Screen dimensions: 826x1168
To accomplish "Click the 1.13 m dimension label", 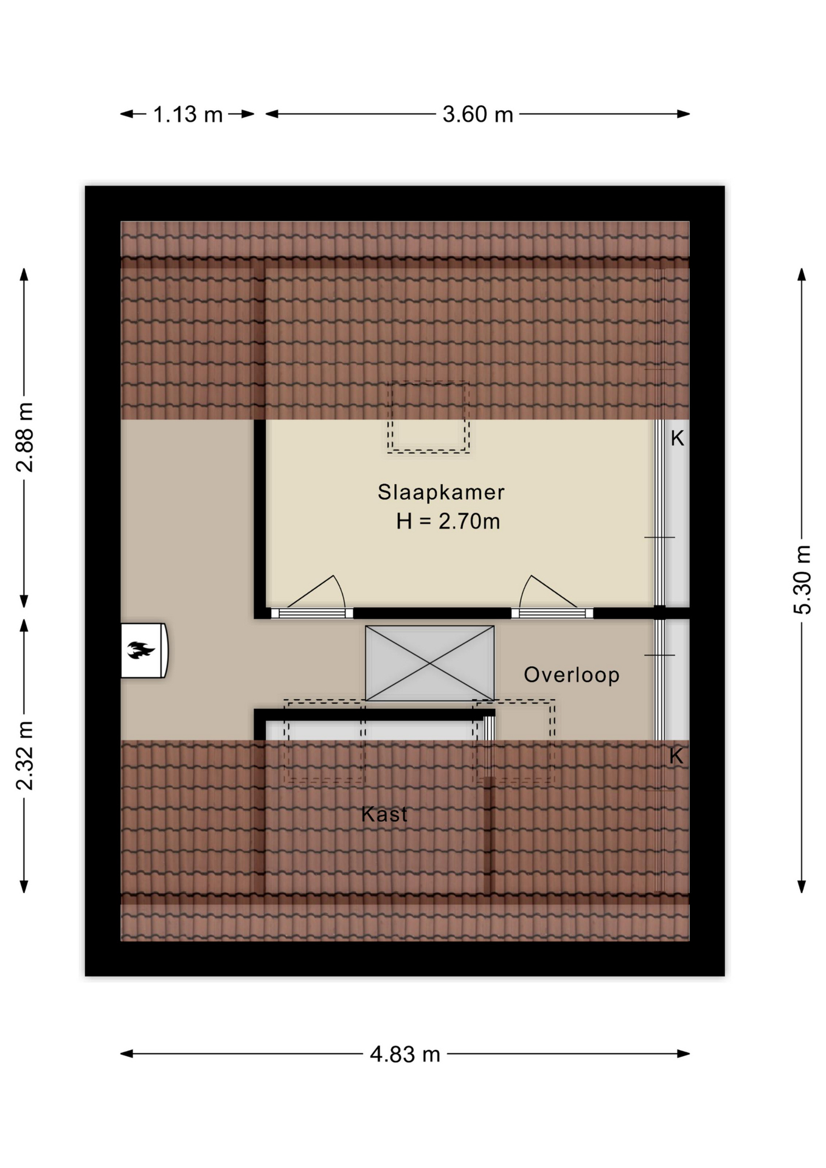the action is click(x=187, y=114).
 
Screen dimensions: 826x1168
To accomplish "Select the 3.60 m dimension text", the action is click(x=477, y=114).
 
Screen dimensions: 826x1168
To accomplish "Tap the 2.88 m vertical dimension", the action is click(x=25, y=437).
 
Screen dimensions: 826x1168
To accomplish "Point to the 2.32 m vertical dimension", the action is click(x=25, y=756).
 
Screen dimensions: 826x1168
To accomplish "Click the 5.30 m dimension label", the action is click(x=802, y=580).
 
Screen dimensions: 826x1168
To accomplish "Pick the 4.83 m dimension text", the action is click(x=405, y=1054).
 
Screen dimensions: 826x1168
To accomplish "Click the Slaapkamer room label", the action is click(x=441, y=492).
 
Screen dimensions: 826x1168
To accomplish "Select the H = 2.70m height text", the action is click(x=448, y=521).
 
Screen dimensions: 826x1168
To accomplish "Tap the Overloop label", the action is click(x=572, y=675).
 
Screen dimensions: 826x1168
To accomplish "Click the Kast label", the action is click(x=384, y=814).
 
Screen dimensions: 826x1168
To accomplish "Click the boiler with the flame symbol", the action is click(x=144, y=650).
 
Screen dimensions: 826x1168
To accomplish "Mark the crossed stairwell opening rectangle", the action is click(x=429, y=663).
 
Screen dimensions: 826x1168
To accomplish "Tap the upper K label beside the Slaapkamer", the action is click(x=678, y=438).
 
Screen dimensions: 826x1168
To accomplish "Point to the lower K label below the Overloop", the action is click(x=676, y=756).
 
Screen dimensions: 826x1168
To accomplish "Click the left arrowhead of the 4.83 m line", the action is click(x=127, y=1054).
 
